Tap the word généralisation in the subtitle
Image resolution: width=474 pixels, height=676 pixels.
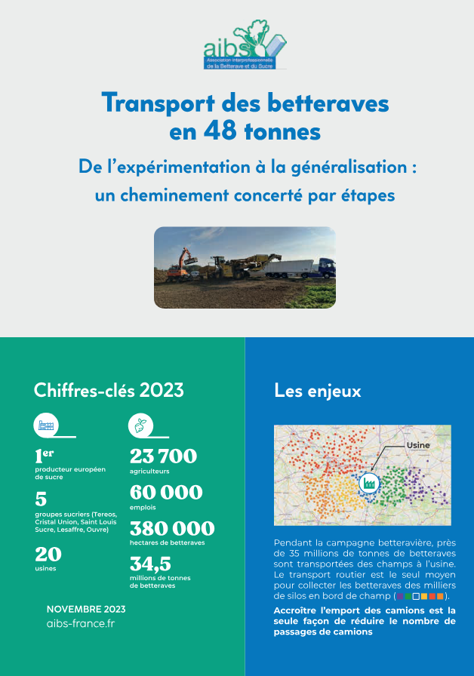click(355, 167)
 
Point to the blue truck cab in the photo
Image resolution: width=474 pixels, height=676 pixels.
click(324, 268)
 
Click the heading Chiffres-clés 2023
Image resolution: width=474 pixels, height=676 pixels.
click(109, 390)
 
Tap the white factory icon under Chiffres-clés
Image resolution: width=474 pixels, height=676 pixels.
click(46, 426)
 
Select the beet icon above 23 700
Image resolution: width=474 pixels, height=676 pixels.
click(140, 426)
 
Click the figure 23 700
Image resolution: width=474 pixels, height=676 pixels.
click(163, 456)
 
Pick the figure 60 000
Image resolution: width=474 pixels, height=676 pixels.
click(166, 492)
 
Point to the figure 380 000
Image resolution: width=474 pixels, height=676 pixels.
click(172, 528)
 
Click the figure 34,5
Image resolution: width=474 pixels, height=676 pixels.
click(151, 564)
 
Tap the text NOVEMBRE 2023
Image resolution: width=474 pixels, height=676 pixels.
click(86, 609)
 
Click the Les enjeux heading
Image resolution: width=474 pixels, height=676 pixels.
click(318, 391)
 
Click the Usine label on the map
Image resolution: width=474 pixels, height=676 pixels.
click(417, 445)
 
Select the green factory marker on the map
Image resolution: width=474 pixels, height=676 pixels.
click(369, 481)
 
